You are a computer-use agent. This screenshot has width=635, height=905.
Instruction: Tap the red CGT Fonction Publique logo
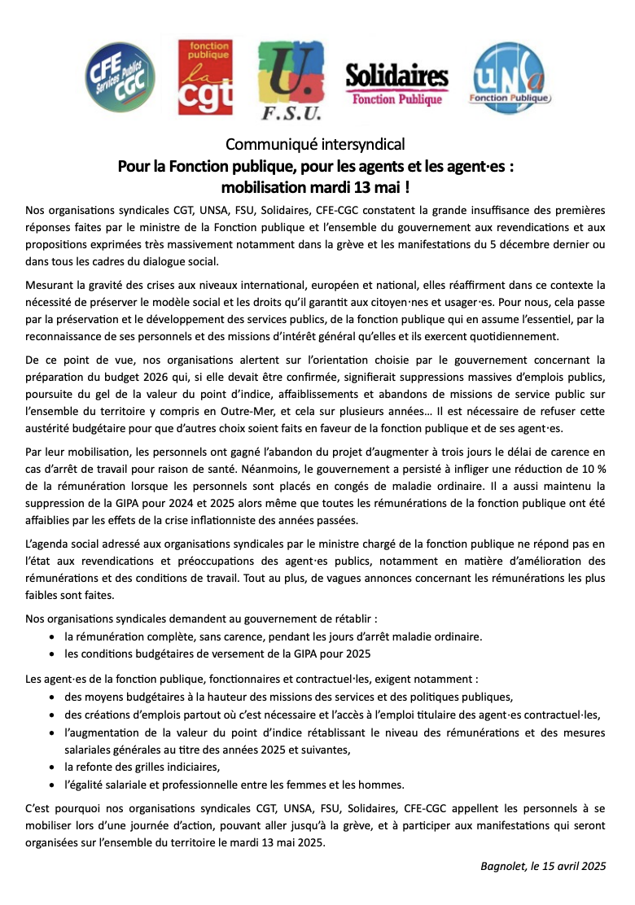pos(205,77)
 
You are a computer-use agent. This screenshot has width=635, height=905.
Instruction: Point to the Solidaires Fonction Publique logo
pos(396,84)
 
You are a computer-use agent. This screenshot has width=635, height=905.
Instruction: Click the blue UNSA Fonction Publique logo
pos(511,78)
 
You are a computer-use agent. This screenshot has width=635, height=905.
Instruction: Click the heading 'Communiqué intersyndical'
pos(315,145)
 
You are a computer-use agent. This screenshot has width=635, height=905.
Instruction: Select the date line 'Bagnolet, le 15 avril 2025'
pos(543,865)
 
